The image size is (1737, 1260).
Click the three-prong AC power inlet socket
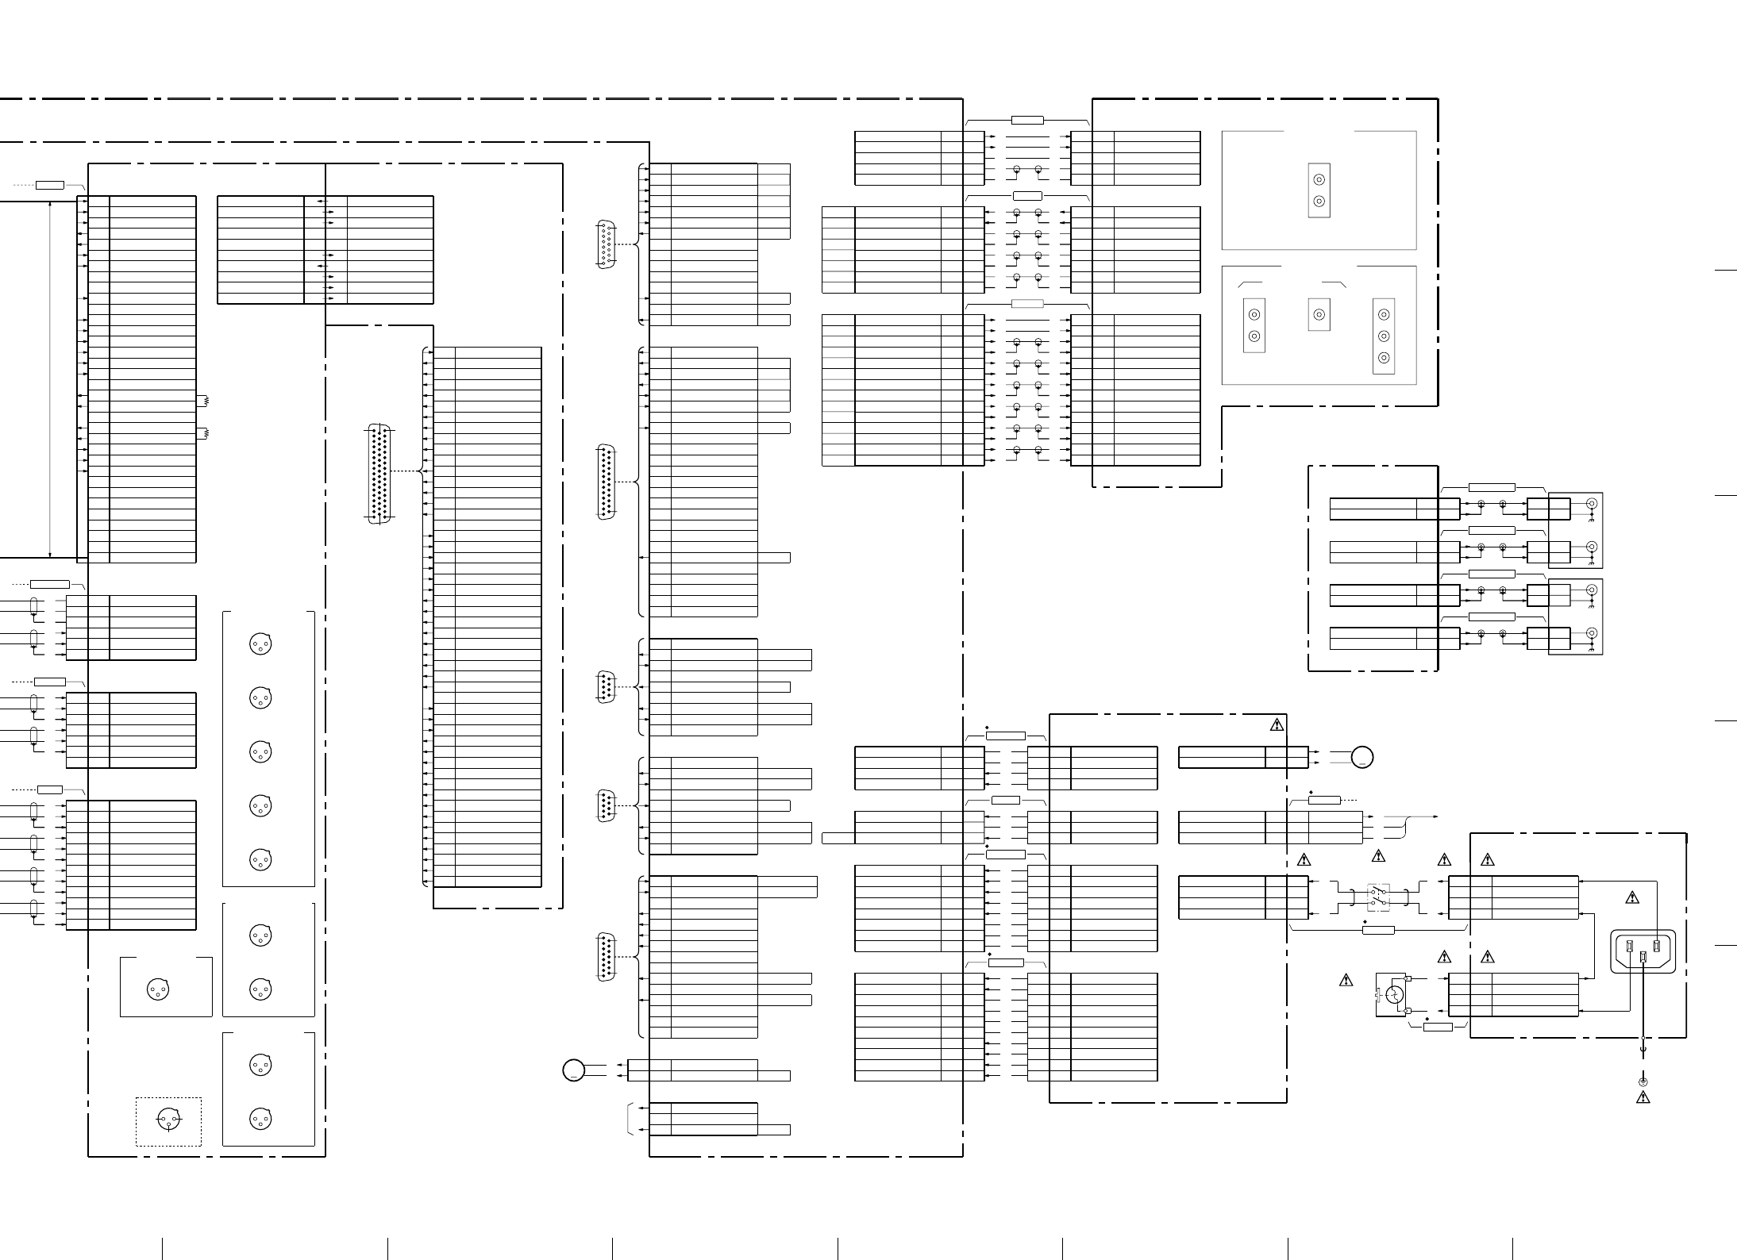[1643, 951]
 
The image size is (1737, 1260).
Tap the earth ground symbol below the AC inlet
[1643, 1081]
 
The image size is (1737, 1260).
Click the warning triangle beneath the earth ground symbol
[1643, 1097]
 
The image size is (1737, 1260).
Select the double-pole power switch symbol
[1378, 897]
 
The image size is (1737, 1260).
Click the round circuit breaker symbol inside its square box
[1394, 994]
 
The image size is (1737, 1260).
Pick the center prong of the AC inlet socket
[1643, 958]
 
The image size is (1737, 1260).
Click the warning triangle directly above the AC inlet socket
[1632, 897]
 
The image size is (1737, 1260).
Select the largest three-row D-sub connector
[379, 474]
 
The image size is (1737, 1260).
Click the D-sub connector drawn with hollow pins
[606, 245]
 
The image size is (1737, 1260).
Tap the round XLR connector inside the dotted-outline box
[168, 1120]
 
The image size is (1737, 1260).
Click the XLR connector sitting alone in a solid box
[158, 989]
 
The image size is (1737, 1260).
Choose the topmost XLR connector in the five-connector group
[260, 643]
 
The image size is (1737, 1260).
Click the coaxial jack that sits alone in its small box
[1319, 314]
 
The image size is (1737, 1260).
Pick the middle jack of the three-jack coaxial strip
[1384, 336]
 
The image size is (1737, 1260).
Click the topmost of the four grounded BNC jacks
[1591, 503]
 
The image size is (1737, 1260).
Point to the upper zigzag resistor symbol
[206, 401]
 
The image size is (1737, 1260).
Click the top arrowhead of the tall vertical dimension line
[50, 205]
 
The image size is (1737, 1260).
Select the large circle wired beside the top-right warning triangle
[1362, 757]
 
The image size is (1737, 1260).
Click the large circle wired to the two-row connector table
[573, 1070]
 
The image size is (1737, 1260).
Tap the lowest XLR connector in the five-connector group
[260, 859]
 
